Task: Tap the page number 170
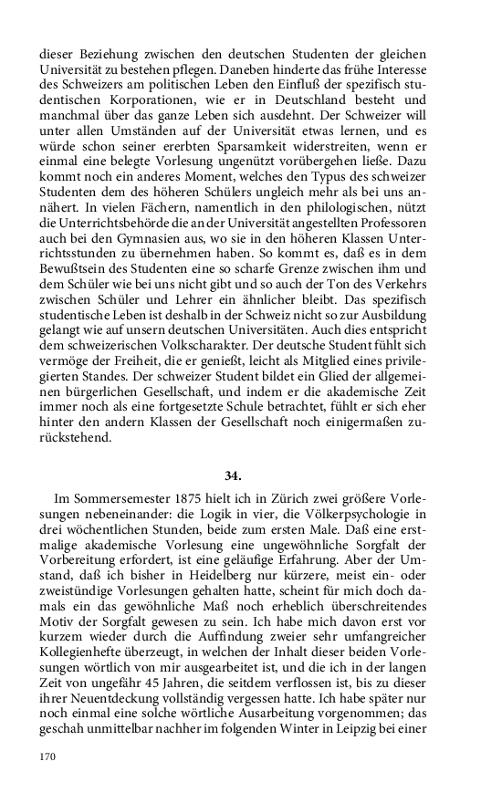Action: pos(48,756)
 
